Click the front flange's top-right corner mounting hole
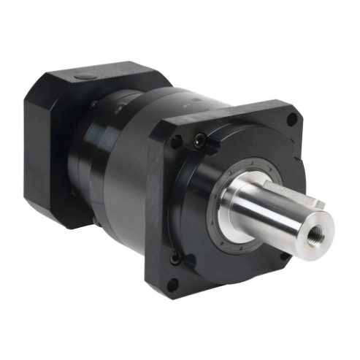coord(292,118)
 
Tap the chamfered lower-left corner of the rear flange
coord(55,219)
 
